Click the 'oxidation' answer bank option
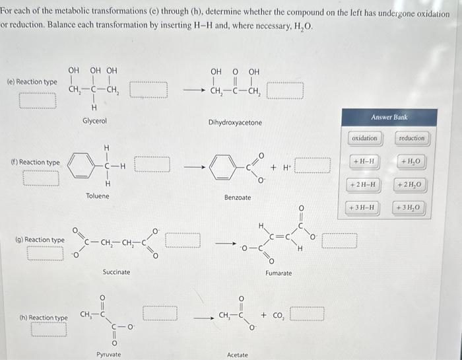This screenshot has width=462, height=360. coord(364,138)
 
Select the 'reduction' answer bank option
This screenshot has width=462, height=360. coord(412,138)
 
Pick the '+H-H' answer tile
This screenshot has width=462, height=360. coord(364,161)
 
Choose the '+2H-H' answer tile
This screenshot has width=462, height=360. coord(364,184)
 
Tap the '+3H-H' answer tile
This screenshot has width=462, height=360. coord(364,208)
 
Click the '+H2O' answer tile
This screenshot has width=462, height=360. coord(411,161)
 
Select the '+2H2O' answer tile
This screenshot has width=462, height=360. coord(411,184)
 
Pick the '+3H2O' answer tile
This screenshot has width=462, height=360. coord(411,208)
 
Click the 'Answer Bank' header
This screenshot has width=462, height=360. coord(389,118)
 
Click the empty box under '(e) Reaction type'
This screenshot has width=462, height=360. coord(38,100)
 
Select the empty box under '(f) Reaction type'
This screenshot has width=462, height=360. coord(40,178)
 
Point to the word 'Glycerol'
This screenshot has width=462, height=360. coord(94,122)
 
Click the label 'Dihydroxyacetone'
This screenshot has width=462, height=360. coord(235,123)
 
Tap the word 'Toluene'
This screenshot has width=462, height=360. coord(98,196)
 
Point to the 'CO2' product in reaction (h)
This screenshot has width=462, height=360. coord(272,314)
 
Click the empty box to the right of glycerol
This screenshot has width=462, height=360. coord(149,89)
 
